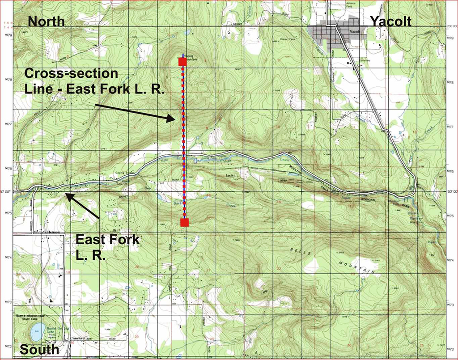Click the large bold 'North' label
(x=47, y=21)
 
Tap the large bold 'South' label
(x=40, y=349)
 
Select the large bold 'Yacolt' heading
(x=390, y=21)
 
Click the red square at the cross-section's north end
(x=182, y=62)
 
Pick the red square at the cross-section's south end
(x=185, y=222)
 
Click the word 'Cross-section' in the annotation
(x=72, y=73)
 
